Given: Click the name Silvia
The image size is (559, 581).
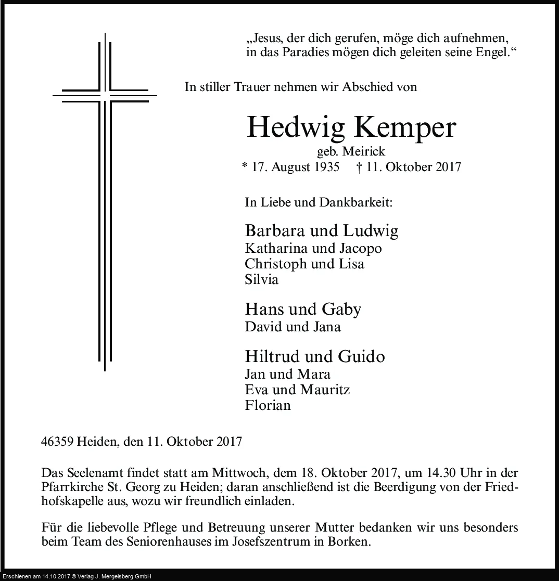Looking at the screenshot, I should (x=261, y=279).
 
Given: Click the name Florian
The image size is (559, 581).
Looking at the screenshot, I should (x=268, y=405).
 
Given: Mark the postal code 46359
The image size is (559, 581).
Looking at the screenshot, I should (x=57, y=442).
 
